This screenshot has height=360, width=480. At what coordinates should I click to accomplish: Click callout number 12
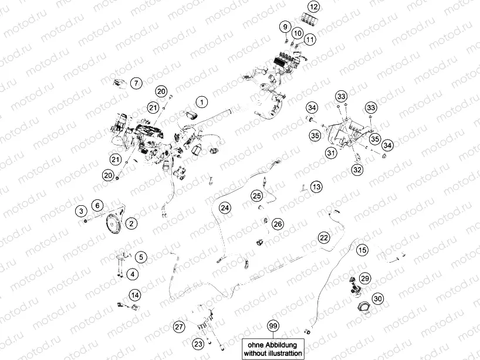click(x=314, y=7)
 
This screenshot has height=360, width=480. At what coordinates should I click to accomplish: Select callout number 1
click(x=201, y=103)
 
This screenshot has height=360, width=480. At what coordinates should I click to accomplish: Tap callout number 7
click(x=135, y=83)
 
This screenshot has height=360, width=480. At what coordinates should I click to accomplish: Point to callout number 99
click(x=272, y=325)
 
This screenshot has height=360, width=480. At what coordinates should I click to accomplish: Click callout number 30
click(x=378, y=298)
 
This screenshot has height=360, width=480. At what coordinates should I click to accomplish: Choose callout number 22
click(x=323, y=237)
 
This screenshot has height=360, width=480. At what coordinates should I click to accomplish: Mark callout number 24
click(x=224, y=208)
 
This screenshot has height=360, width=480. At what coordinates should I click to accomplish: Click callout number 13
click(x=316, y=187)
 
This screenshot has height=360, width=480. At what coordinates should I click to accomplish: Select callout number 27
click(x=179, y=326)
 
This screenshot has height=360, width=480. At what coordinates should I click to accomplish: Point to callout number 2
click(x=131, y=223)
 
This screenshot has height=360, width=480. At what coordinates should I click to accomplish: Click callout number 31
click(x=332, y=153)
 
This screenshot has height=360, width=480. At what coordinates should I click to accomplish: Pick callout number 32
click(x=356, y=169)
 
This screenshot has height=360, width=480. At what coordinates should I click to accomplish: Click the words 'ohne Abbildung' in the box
click(x=273, y=345)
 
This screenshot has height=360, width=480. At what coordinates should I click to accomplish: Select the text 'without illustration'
click(x=273, y=354)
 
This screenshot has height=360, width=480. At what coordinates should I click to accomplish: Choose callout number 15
click(x=363, y=250)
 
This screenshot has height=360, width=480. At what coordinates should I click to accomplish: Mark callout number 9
click(x=285, y=26)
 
